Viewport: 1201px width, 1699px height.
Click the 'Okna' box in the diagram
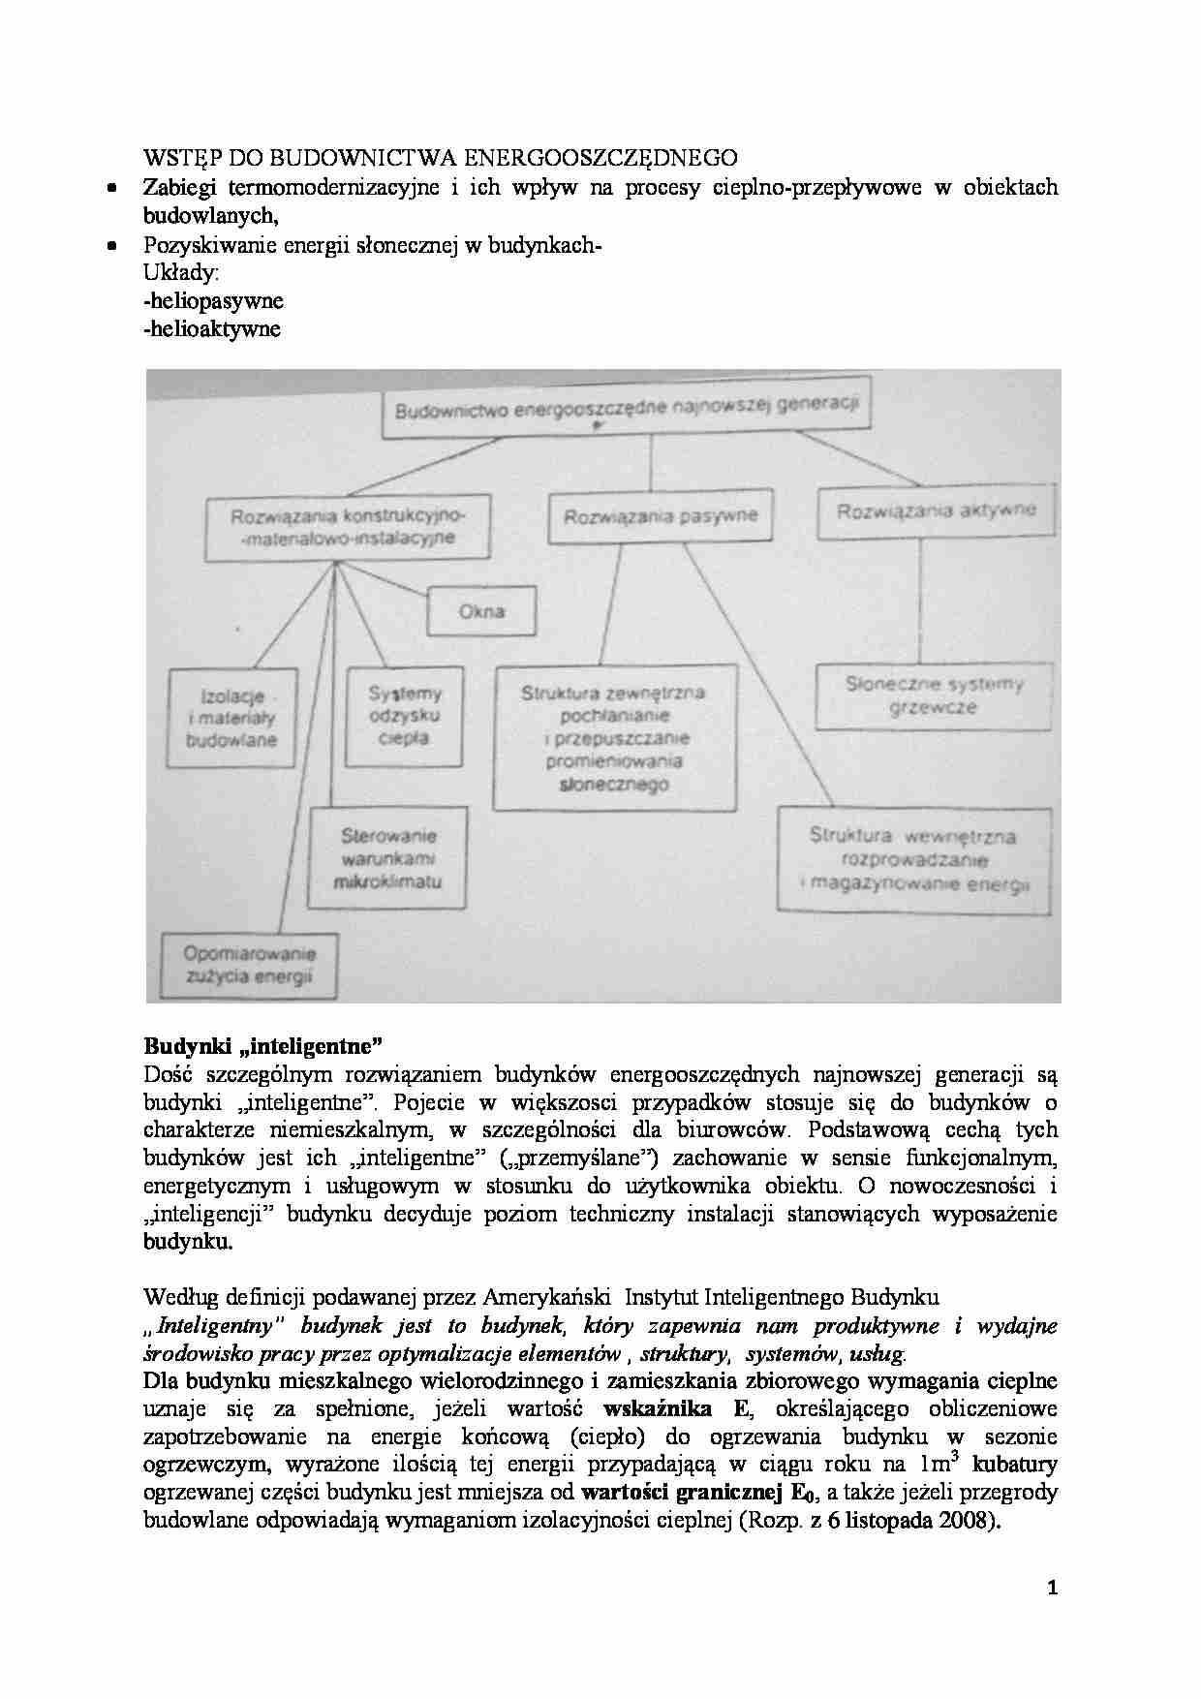pyautogui.click(x=481, y=612)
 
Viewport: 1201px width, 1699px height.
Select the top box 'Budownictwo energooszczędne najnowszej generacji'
pyautogui.click(x=626, y=409)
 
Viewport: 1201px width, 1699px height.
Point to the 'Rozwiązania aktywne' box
pyautogui.click(x=936, y=510)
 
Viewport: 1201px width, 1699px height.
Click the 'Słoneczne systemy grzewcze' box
pyautogui.click(x=934, y=696)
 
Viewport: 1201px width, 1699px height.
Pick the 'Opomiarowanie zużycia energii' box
pyautogui.click(x=249, y=965)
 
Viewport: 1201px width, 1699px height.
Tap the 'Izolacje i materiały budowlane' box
pyautogui.click(x=232, y=719)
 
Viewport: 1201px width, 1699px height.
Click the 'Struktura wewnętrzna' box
pyautogui.click(x=913, y=860)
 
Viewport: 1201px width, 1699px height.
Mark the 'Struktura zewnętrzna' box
pyautogui.click(x=613, y=738)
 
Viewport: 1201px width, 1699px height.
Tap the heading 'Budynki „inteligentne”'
pyautogui.click(x=263, y=1045)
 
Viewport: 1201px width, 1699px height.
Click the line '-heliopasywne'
pyautogui.click(x=212, y=300)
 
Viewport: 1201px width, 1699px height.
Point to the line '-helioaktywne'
pyautogui.click(x=211, y=328)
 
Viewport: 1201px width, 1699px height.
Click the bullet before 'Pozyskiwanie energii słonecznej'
pyautogui.click(x=113, y=245)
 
